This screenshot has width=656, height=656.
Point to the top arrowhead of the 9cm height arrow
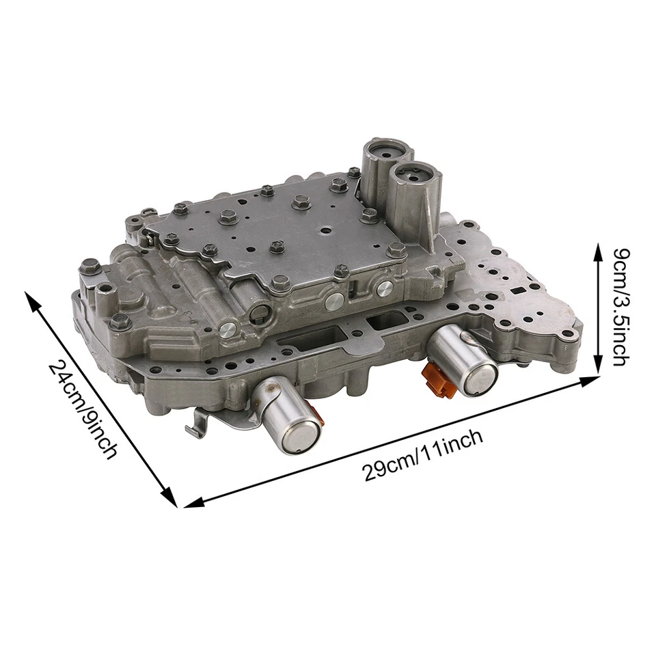[x=599, y=247]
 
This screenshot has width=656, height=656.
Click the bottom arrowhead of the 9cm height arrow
[x=599, y=368]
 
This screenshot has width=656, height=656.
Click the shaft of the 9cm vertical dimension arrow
[x=599, y=307]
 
